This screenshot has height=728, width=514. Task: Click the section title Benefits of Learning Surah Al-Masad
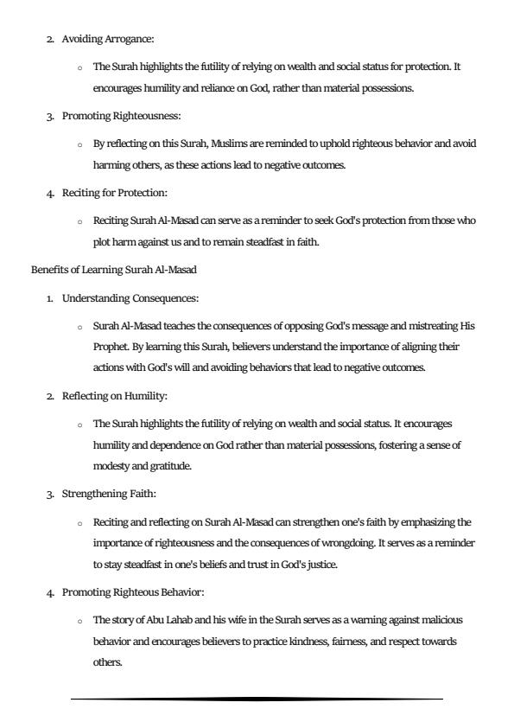click(114, 269)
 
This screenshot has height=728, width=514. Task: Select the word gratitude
click(169, 465)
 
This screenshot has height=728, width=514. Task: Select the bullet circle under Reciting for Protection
click(79, 221)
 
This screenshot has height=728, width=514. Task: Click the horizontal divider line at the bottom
click(257, 699)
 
